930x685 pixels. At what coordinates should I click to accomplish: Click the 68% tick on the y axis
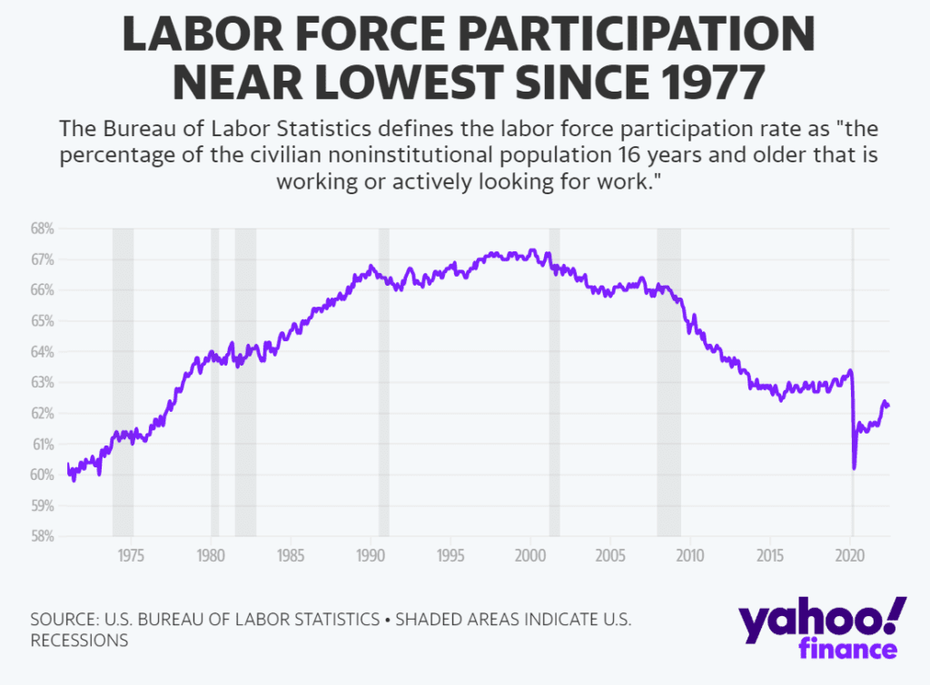point(43,229)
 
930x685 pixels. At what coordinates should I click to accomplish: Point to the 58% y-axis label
point(43,536)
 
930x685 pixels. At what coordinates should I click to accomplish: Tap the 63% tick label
point(43,383)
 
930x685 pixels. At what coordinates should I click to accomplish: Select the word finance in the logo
point(848,649)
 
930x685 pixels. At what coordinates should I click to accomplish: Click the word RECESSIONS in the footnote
point(79,640)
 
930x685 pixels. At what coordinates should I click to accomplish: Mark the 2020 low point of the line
point(855,468)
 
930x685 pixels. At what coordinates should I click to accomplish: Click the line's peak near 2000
point(532,250)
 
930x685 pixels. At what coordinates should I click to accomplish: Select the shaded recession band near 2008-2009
point(668,381)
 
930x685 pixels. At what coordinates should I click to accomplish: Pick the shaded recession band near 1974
point(123,381)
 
